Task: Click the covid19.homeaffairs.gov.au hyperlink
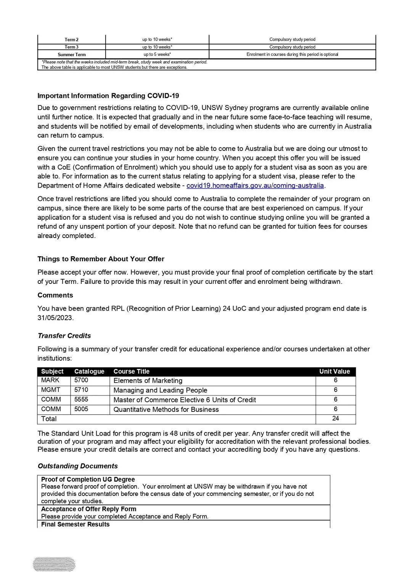255,186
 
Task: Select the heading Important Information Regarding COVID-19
108,96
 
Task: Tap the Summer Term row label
72,55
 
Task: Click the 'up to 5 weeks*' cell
157,54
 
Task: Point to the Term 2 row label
72,40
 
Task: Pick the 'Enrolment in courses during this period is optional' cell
292,54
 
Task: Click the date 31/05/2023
55,318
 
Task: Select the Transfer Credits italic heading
64,336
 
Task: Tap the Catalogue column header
89,371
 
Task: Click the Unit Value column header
335,371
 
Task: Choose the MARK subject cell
50,380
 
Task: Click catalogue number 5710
81,390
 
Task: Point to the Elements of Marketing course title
148,381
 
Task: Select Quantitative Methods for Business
166,410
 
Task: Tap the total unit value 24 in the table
336,418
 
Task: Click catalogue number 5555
81,399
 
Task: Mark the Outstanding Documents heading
77,466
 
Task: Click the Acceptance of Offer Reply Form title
89,509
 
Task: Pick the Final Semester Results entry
75,524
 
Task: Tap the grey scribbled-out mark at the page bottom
54,564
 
